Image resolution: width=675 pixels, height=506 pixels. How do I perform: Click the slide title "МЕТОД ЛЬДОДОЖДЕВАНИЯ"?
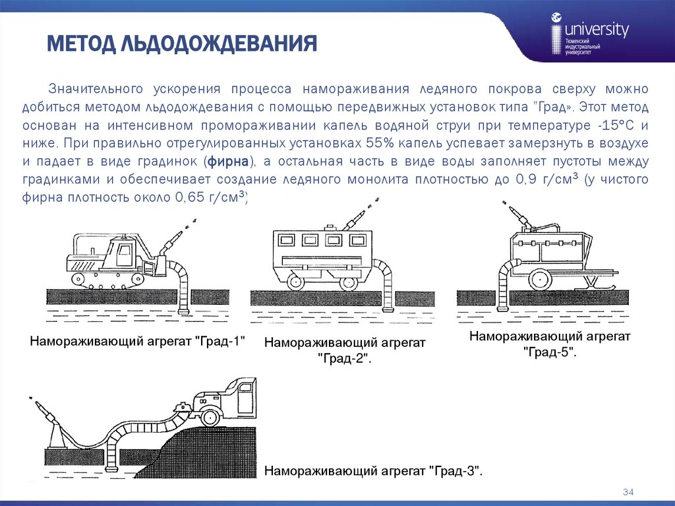click(x=182, y=45)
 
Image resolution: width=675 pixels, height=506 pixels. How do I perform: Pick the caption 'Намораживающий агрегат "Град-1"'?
click(x=137, y=341)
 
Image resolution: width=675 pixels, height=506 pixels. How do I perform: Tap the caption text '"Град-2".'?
click(x=345, y=360)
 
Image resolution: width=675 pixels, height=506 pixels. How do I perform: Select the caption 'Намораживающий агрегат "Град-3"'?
click(x=374, y=472)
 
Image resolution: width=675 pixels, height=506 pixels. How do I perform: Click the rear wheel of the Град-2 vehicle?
click(x=294, y=282)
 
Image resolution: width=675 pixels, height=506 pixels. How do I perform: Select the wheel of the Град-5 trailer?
click(x=540, y=279)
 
